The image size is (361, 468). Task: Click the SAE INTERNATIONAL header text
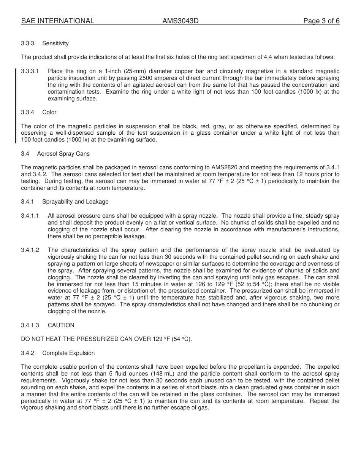[57, 21]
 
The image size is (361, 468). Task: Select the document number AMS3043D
[180, 21]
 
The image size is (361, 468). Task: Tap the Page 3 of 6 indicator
[321, 21]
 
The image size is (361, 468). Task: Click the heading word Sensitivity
[55, 43]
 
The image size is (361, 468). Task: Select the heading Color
[49, 112]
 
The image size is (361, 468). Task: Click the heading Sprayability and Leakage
[75, 202]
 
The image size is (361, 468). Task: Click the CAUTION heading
[61, 325]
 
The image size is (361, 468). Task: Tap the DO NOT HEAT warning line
[106, 339]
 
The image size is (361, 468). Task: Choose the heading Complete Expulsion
[68, 353]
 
